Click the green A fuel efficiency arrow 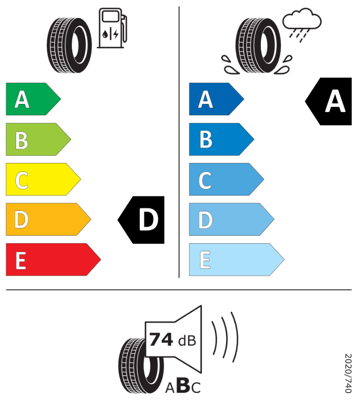tap(33, 99)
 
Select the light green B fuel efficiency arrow tap(38, 139)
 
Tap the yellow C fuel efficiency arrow tap(43, 179)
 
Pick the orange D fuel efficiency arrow tap(48, 220)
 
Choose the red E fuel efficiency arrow tap(53, 259)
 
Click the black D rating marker tap(141, 220)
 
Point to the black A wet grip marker tap(328, 102)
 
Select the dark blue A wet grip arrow tap(217, 99)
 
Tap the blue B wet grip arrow tap(221, 139)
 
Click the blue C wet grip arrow tap(226, 179)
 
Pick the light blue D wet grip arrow tap(232, 220)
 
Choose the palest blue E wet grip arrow tap(236, 259)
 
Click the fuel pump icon tap(112, 28)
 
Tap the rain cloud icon tap(302, 25)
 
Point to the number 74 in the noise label tap(161, 340)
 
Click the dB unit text tap(187, 340)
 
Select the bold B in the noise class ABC tap(183, 385)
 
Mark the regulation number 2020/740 tap(348, 373)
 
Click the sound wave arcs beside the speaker tap(225, 337)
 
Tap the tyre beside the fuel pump tap(69, 45)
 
